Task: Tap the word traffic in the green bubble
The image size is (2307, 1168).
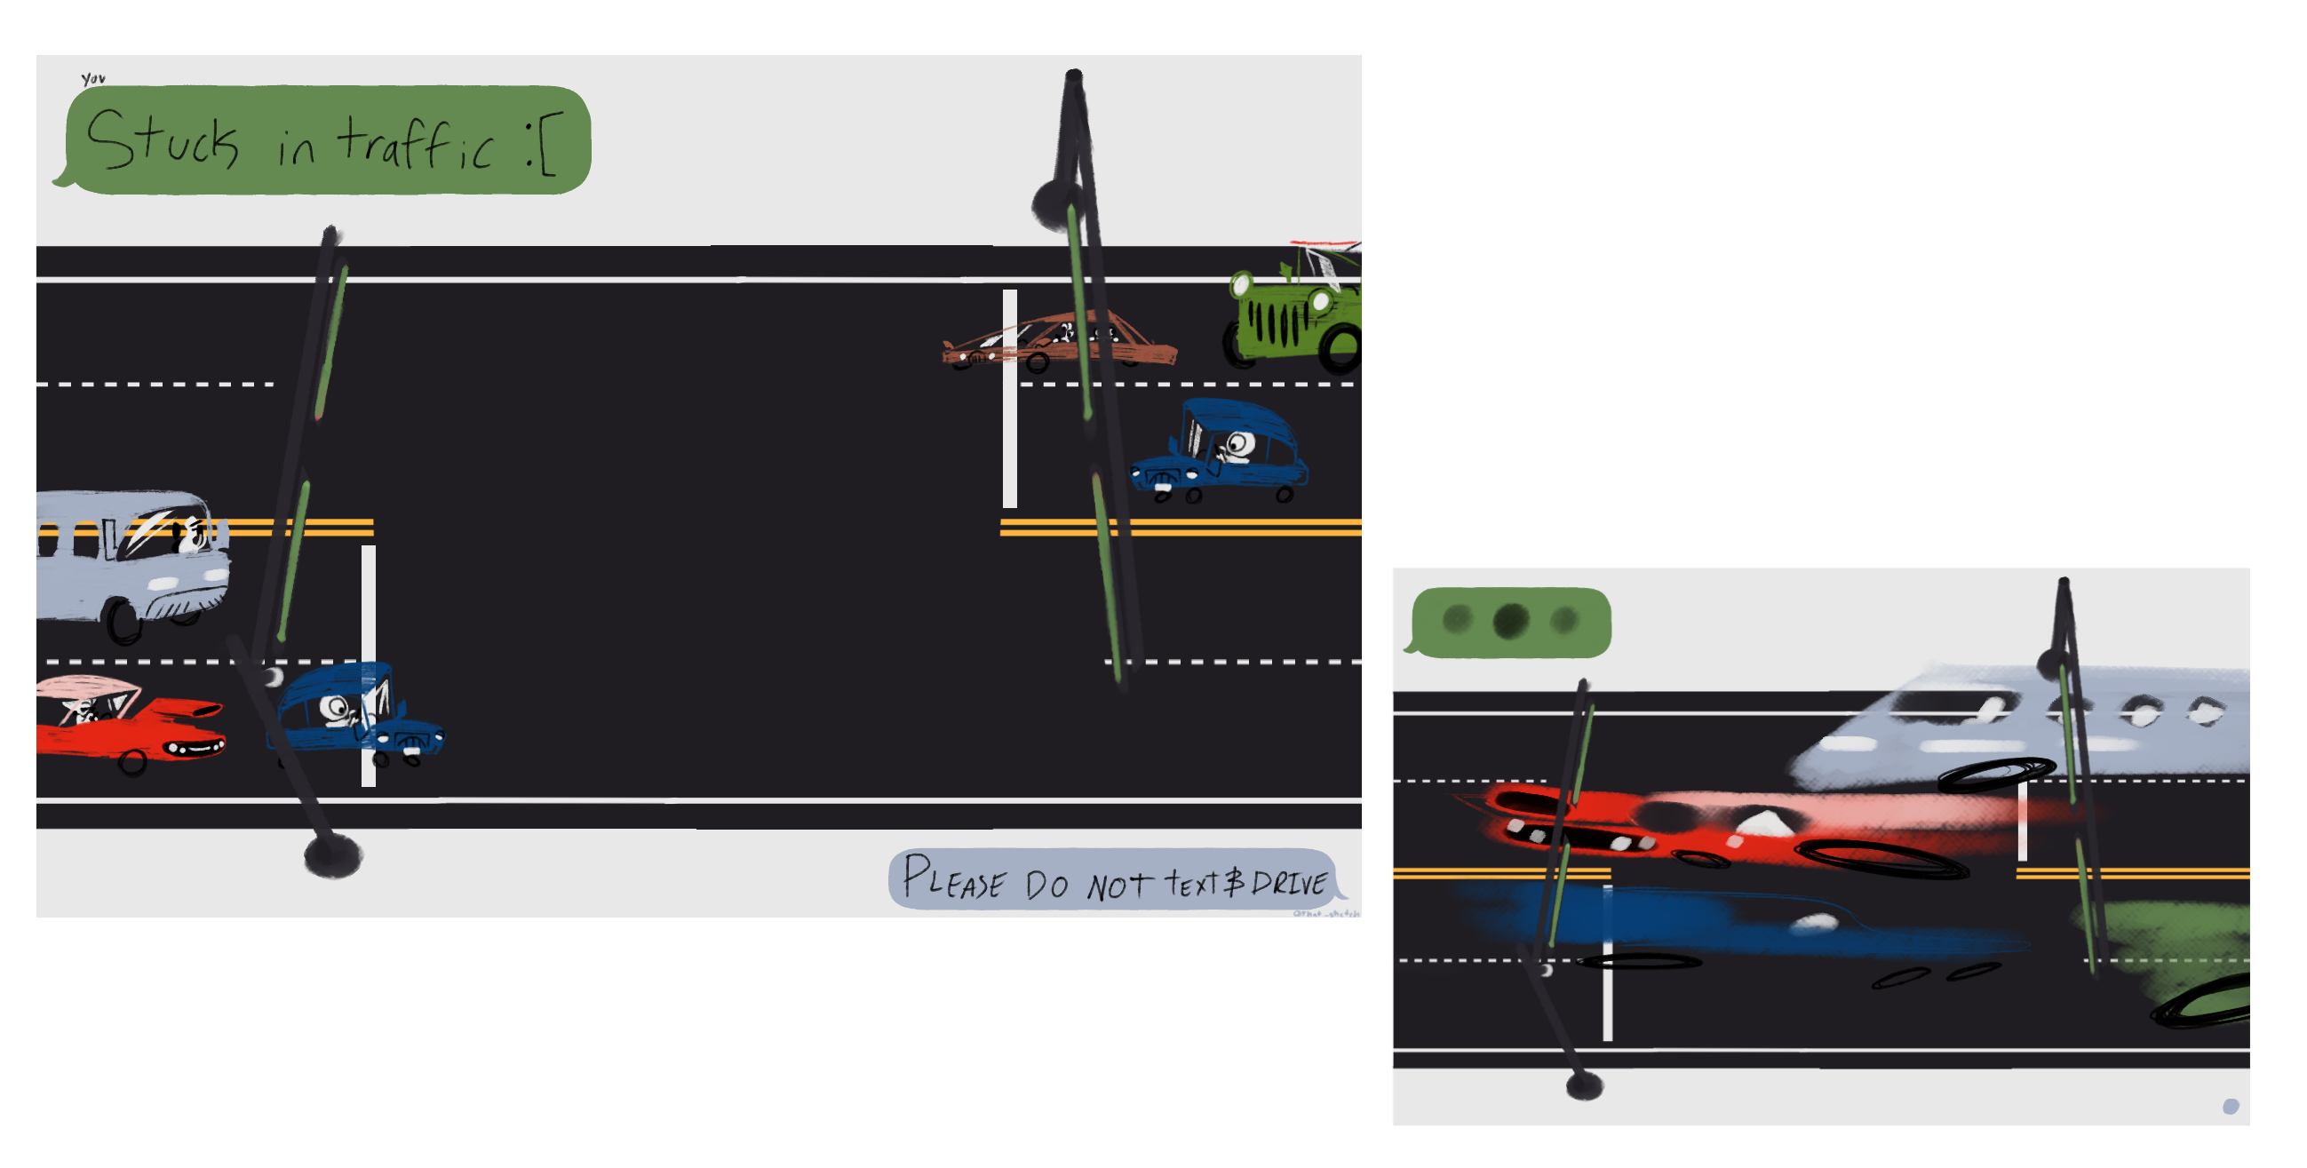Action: (416, 143)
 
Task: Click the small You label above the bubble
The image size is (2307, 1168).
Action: (93, 79)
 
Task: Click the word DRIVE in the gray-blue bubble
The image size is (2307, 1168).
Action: (1290, 883)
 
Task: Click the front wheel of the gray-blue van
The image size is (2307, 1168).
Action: (123, 620)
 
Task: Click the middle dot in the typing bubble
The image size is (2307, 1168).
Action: (1511, 620)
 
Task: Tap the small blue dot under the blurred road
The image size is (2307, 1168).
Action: (2230, 1107)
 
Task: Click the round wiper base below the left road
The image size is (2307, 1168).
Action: (333, 855)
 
